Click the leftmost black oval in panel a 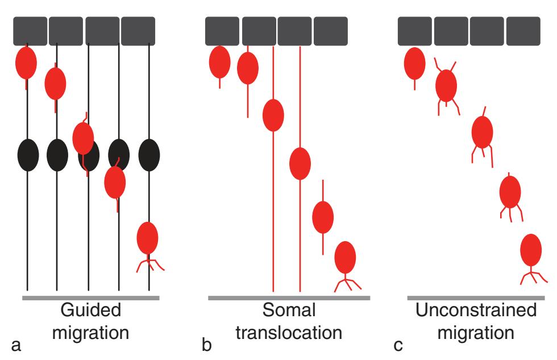point(28,155)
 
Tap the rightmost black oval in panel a point(149,155)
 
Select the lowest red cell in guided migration point(147,237)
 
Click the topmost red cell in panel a point(26,63)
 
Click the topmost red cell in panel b point(219,63)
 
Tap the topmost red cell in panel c point(414,64)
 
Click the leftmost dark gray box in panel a point(30,31)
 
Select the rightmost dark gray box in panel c point(523,31)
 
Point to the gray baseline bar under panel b point(289,297)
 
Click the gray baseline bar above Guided point(91,297)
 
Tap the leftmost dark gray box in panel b point(222,31)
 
